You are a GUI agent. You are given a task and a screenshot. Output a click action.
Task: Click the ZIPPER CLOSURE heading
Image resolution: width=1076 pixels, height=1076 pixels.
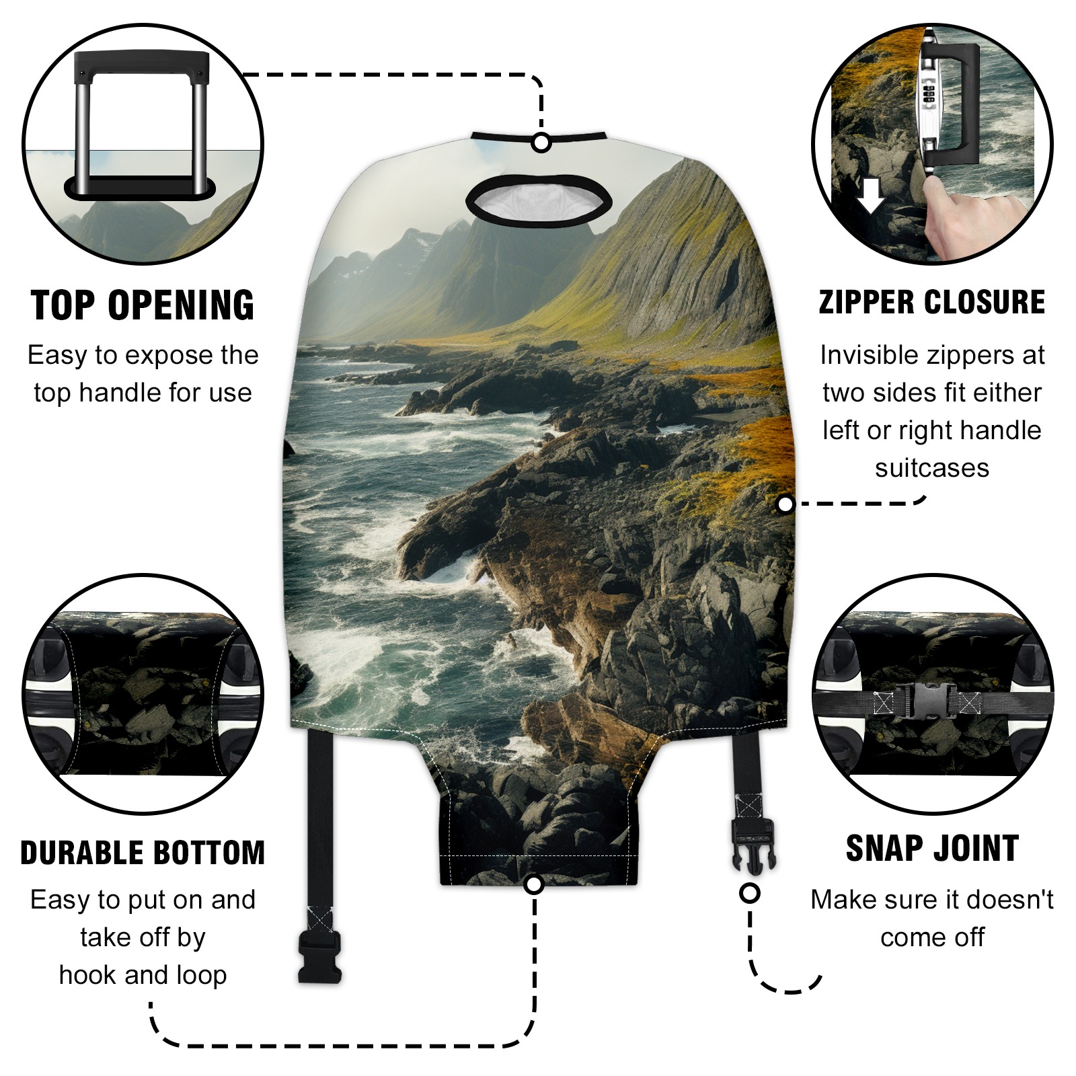[x=932, y=302]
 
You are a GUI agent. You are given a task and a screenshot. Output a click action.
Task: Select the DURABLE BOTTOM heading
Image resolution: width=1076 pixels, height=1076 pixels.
[x=143, y=853]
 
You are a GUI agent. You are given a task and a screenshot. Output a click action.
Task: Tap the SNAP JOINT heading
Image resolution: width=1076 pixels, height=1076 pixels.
[x=932, y=848]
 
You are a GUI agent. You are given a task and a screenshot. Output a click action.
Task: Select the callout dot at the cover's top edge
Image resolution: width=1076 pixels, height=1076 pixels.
[x=541, y=143]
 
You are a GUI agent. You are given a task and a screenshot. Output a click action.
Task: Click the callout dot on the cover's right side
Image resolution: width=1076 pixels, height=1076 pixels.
[x=785, y=504]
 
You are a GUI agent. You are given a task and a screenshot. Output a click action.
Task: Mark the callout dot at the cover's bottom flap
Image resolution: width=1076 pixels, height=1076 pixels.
[x=534, y=884]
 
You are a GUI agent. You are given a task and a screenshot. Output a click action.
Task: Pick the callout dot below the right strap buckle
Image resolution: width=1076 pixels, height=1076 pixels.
[x=750, y=894]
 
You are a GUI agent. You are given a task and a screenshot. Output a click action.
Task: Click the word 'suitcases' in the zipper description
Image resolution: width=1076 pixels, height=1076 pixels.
[x=932, y=468]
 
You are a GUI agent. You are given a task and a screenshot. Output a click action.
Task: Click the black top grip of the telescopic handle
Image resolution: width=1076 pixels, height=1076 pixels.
[x=141, y=64]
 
